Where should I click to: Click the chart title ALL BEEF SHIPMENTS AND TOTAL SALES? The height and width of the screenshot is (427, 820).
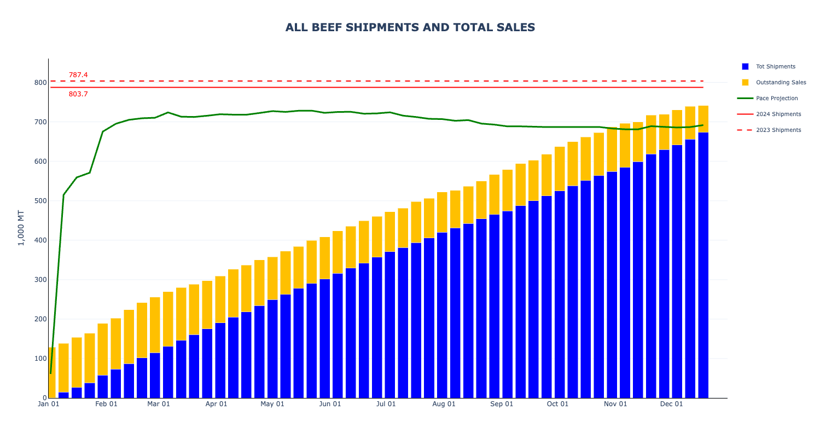click(410, 27)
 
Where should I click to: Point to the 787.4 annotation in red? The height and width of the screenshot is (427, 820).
click(78, 75)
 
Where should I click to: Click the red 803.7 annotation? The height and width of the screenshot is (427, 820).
click(78, 94)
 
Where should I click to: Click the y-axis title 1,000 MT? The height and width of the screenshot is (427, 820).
click(21, 228)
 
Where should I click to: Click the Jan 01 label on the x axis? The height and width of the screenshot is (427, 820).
click(48, 404)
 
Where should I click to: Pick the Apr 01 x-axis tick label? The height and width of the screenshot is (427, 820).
click(216, 404)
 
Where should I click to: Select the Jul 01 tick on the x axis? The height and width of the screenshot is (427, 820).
click(386, 404)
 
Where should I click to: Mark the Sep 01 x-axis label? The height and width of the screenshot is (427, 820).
click(502, 404)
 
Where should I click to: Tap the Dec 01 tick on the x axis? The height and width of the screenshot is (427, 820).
click(671, 404)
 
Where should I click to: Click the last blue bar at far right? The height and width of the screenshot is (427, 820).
click(703, 265)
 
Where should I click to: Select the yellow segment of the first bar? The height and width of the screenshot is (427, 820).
click(51, 372)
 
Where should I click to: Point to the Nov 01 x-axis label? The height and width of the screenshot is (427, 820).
click(615, 404)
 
